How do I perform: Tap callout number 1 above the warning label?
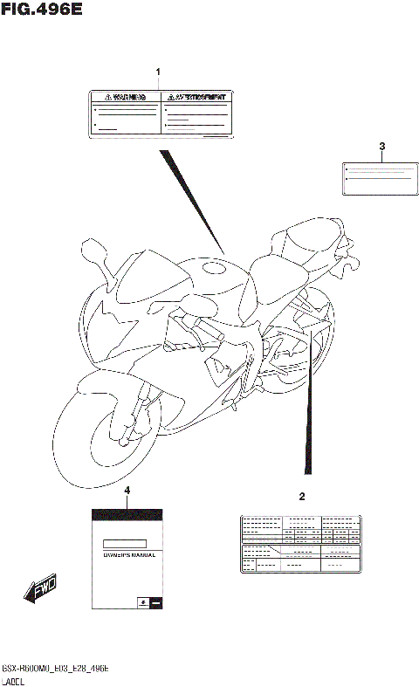pyautogui.click(x=158, y=71)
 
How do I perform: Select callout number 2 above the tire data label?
pyautogui.click(x=302, y=498)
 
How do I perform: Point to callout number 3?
pyautogui.click(x=381, y=146)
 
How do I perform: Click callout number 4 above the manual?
pyautogui.click(x=127, y=491)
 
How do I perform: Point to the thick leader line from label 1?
pyautogui.click(x=192, y=202)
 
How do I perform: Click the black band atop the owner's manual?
pyautogui.click(x=127, y=512)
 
